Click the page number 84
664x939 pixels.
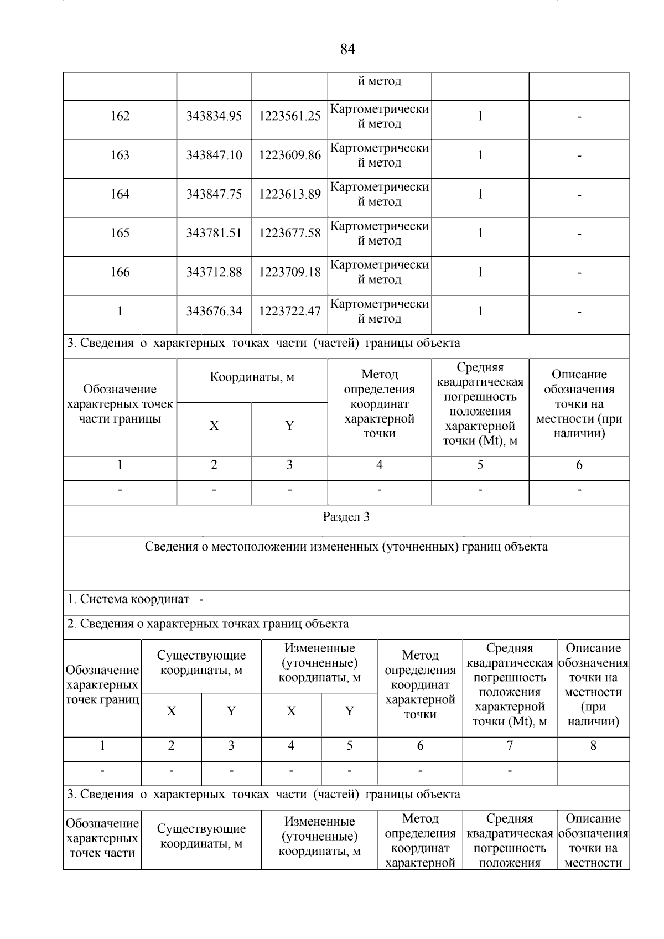click(347, 50)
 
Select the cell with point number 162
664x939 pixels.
click(120, 116)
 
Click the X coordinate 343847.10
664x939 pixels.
click(214, 155)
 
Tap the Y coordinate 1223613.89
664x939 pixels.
click(289, 194)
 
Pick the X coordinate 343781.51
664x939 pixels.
click(214, 234)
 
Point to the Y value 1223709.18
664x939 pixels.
click(289, 272)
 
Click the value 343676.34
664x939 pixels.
click(214, 312)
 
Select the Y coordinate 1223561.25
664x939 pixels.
click(289, 116)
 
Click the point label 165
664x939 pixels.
click(120, 234)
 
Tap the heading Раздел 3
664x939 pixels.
click(346, 517)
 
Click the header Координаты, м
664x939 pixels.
click(252, 378)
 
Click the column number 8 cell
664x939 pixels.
click(593, 746)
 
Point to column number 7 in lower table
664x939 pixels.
click(509, 746)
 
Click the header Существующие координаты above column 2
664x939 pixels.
click(201, 663)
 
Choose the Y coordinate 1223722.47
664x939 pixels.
click(289, 312)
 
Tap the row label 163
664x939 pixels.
click(120, 155)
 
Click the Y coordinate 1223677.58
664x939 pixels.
click(289, 234)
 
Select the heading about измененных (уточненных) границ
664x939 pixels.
click(346, 547)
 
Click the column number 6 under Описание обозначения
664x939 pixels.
click(579, 465)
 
